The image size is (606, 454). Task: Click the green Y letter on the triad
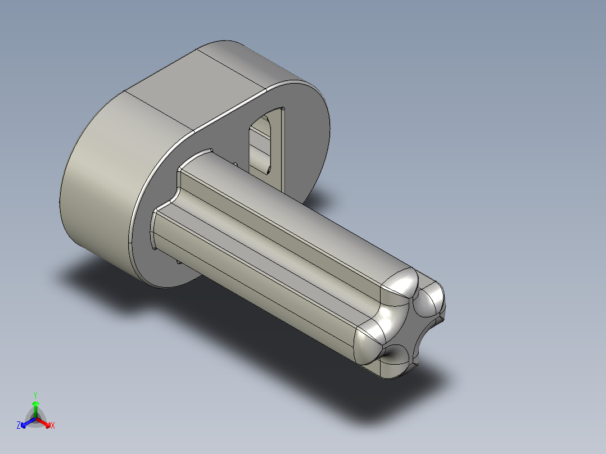coord(35,394)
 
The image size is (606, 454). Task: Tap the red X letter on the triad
coord(53,426)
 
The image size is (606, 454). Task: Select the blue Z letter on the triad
coord(19,426)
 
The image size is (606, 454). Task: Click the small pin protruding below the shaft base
coord(178,261)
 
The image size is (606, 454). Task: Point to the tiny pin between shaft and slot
coord(236,164)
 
